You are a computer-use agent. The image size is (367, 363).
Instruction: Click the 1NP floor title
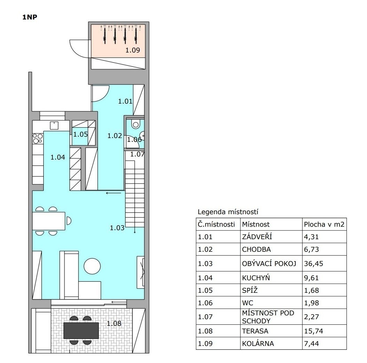[30, 17]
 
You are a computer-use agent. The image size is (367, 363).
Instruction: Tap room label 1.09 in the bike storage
[133, 50]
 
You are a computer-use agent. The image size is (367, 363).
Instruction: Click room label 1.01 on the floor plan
[125, 101]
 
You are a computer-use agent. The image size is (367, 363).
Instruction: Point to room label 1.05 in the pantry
[80, 134]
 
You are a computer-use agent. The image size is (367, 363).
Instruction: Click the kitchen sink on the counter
[54, 126]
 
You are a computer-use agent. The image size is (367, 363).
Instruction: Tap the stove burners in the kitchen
[38, 138]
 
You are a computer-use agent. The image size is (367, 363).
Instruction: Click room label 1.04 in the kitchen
[58, 157]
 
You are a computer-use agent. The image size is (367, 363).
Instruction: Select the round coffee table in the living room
[92, 266]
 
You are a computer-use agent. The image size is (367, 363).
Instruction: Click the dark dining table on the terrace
[81, 330]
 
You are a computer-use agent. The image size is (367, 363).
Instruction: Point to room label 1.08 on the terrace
[114, 323]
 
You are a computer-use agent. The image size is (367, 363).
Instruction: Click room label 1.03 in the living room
[117, 228]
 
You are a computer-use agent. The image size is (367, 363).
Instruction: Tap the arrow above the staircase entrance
[113, 193]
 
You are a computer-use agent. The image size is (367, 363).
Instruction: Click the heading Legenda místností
[228, 212]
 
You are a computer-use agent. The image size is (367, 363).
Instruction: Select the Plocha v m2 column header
[324, 224]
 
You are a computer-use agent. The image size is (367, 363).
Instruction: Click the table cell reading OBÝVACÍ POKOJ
[269, 264]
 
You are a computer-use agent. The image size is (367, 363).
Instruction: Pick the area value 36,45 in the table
[313, 264]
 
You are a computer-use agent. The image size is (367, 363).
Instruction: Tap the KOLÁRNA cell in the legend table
[258, 343]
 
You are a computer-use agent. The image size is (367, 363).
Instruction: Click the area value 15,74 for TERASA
[313, 331]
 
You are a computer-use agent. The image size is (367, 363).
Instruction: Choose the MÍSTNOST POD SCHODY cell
[268, 317]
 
